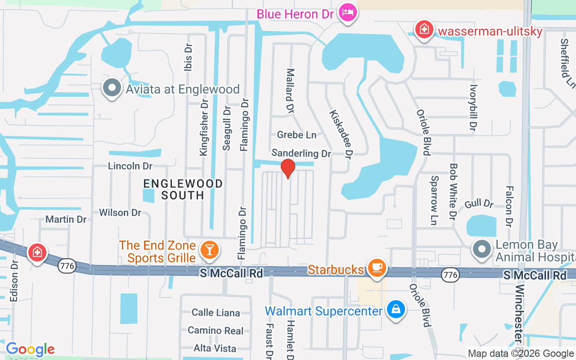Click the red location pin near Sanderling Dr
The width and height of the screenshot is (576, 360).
(288, 168)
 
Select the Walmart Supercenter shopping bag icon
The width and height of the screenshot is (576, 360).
(396, 310)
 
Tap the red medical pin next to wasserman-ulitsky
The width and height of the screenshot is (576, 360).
(424, 30)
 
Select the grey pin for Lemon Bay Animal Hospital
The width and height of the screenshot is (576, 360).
(482, 249)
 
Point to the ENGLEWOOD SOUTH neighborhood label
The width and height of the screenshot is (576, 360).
(183, 189)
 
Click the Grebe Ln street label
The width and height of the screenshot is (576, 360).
(297, 135)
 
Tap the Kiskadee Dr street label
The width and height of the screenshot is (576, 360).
(340, 134)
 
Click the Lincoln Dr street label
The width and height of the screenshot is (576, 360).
(130, 166)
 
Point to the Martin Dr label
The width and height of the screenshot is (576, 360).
(66, 219)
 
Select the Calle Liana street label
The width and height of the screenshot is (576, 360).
(216, 312)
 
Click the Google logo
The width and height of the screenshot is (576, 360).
(30, 349)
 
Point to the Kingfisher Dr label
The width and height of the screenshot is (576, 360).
(204, 128)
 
